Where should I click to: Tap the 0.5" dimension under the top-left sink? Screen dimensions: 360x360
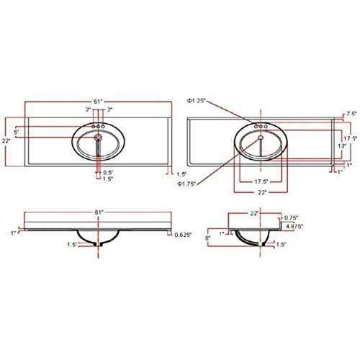click(x=107, y=172)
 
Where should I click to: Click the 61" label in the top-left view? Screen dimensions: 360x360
click(x=97, y=102)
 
